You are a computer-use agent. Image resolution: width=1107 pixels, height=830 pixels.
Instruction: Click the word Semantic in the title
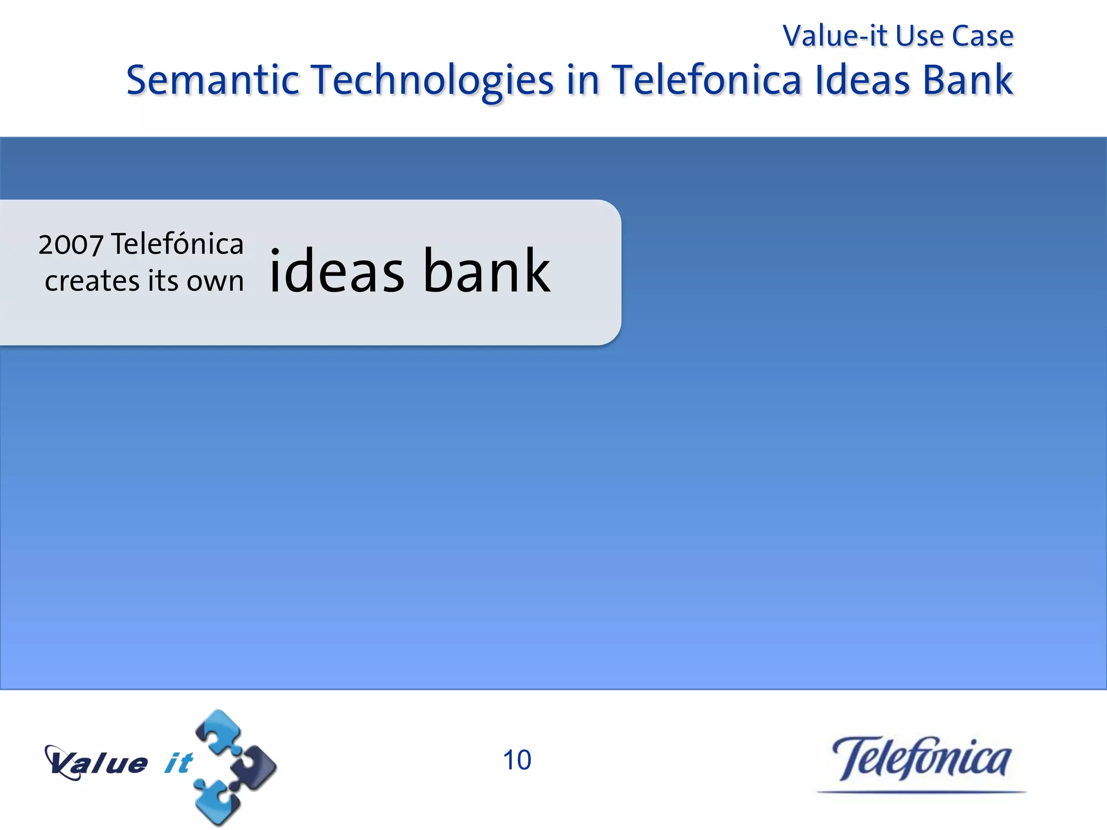[212, 80]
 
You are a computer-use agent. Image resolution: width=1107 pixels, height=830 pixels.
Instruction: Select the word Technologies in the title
[433, 81]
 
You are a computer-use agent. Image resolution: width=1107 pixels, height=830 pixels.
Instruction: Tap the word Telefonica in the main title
[706, 80]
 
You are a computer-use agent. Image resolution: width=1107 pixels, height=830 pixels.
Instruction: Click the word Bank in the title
[968, 80]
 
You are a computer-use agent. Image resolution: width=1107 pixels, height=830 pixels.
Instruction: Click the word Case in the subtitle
[982, 36]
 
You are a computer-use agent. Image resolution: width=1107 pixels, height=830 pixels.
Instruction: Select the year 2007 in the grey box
[70, 245]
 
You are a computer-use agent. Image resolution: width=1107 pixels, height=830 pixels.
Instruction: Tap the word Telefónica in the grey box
[177, 244]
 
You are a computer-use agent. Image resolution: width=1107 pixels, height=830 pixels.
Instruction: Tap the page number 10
[517, 760]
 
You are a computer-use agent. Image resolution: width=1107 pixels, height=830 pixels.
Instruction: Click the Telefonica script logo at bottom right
[921, 759]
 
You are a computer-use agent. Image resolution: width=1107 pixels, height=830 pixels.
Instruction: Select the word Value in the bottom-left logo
[97, 763]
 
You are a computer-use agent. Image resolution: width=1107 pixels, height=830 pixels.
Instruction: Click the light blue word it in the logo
[178, 763]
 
